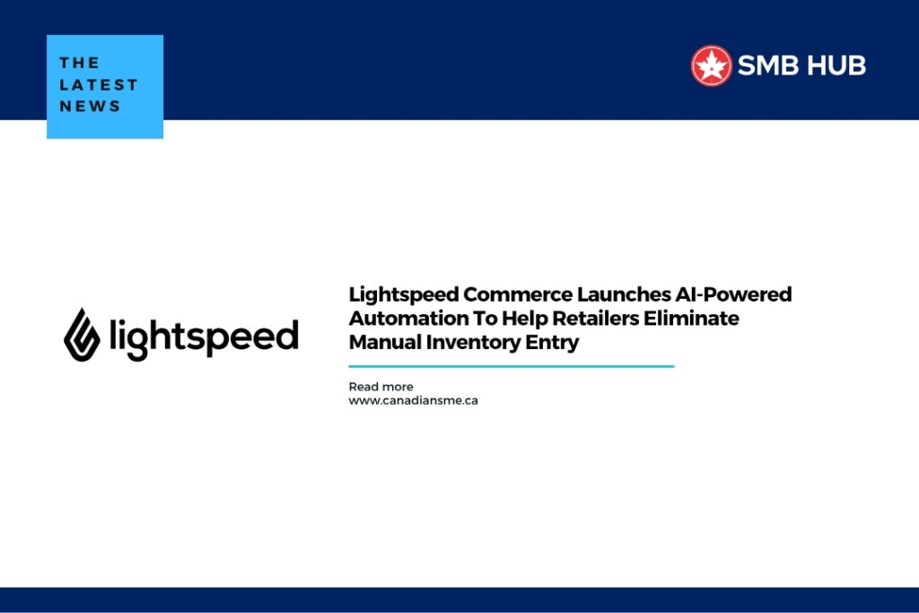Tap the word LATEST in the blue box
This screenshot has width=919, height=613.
99,84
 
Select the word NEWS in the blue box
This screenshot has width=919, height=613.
90,106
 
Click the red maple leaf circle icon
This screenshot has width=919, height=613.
711,66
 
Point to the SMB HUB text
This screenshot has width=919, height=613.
801,66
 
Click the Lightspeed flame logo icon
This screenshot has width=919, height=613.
83,334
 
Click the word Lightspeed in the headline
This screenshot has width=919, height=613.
404,294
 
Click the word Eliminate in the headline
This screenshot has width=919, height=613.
694,319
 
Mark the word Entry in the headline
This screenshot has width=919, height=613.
555,342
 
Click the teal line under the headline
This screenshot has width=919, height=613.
511,366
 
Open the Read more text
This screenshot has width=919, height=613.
381,387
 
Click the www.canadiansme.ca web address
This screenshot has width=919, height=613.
413,400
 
